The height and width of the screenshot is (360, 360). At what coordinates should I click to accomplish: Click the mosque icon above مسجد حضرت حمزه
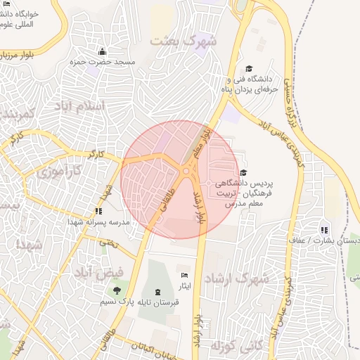pos(103,51)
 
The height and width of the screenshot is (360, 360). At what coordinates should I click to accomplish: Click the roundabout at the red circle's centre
pos(186,171)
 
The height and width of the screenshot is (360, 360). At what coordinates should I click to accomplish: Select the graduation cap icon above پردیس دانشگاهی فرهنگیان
pos(243,172)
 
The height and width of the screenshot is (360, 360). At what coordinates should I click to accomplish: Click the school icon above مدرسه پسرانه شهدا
pos(98,211)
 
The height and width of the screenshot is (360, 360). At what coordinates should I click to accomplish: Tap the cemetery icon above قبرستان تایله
pos(156,291)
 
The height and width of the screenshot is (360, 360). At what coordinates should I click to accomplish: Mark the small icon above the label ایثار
pos(185,275)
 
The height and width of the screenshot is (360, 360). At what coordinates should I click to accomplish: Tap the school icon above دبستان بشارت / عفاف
pos(323,230)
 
